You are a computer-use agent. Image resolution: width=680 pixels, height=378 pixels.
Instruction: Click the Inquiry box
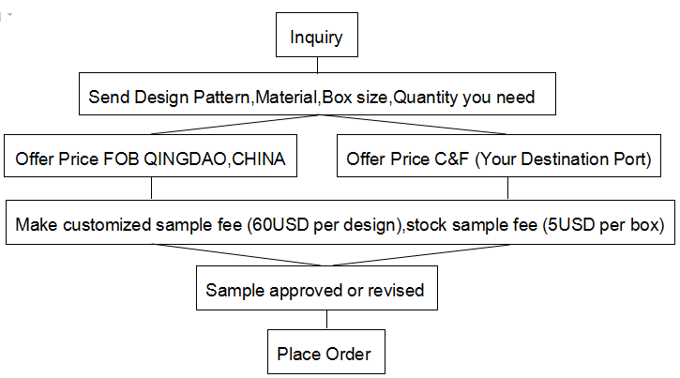(x=317, y=35)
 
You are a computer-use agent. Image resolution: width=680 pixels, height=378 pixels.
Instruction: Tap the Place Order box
(x=326, y=352)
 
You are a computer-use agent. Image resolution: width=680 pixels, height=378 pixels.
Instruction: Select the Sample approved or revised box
(x=317, y=288)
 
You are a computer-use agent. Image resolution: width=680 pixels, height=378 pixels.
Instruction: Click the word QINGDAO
(x=185, y=159)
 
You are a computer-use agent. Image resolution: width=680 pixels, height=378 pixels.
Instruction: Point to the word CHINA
(x=259, y=159)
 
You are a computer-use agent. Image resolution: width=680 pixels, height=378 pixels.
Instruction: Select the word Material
(x=286, y=98)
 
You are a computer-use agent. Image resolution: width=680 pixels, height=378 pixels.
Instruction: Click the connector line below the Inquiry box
(x=317, y=65)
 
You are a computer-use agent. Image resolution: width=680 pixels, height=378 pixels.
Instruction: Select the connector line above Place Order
(x=327, y=320)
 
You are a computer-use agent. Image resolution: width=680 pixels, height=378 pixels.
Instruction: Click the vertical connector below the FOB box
(x=151, y=189)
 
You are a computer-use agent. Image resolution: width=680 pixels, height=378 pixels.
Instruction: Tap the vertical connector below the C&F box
(x=507, y=189)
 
